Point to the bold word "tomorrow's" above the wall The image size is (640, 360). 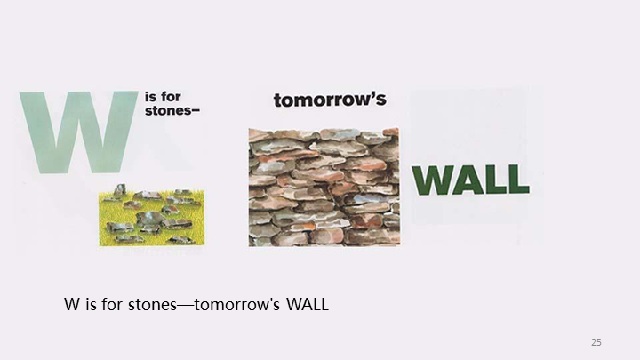click(330, 100)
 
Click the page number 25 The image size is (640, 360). click(596, 342)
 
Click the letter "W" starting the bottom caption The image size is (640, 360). click(71, 305)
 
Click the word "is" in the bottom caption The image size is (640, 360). click(89, 305)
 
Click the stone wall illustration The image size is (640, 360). click(324, 187)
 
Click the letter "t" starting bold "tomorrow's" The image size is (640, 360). click(277, 100)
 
